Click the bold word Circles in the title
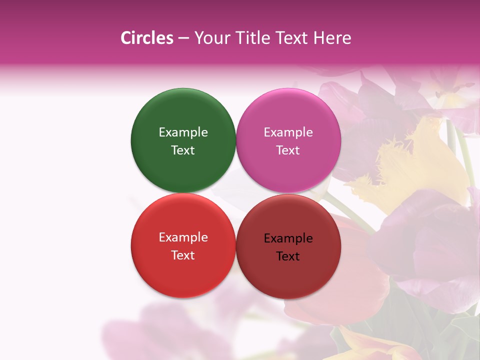tap(147, 38)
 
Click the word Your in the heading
tap(209, 38)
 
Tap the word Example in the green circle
tap(183, 132)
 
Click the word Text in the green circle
tap(183, 150)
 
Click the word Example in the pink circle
tap(288, 132)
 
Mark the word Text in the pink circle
tap(288, 150)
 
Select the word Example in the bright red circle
tap(183, 237)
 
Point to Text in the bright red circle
tap(183, 255)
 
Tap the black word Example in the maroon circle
tap(288, 238)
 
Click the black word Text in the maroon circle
tap(288, 256)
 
